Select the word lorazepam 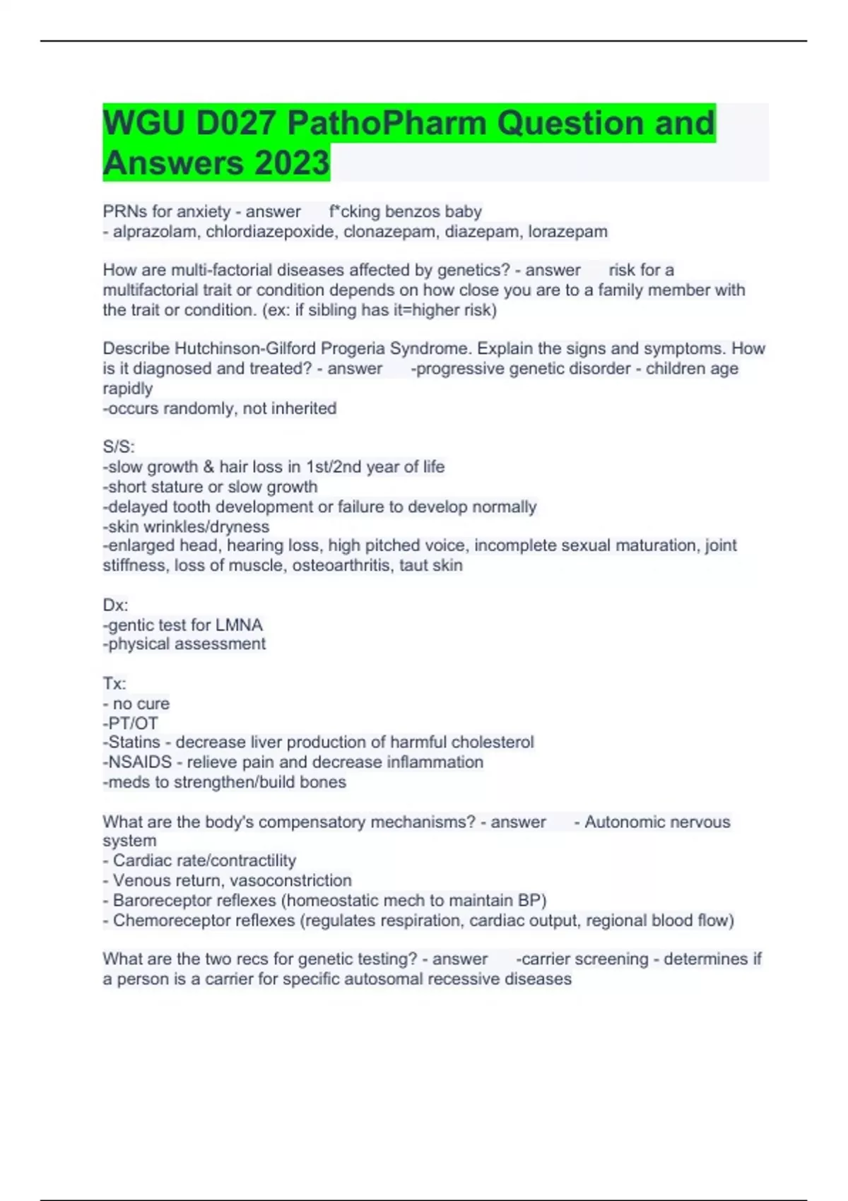(567, 232)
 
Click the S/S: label (119, 447)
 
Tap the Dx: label (115, 605)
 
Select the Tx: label (114, 684)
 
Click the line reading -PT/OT (131, 723)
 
